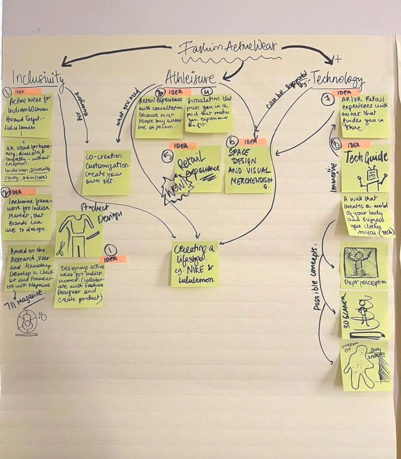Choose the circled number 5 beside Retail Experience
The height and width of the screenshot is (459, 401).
pos(167,156)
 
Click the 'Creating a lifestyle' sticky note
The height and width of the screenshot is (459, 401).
pos(195,263)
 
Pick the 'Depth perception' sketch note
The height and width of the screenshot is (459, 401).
pos(364,265)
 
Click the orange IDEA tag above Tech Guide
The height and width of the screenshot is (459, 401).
pos(356,145)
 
